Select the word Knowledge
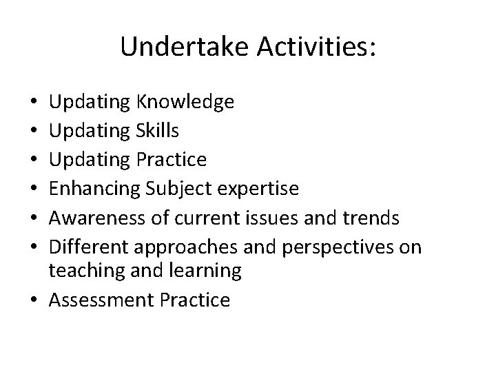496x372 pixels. point(185,103)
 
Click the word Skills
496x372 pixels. point(161,132)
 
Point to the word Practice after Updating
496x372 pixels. point(172,160)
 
